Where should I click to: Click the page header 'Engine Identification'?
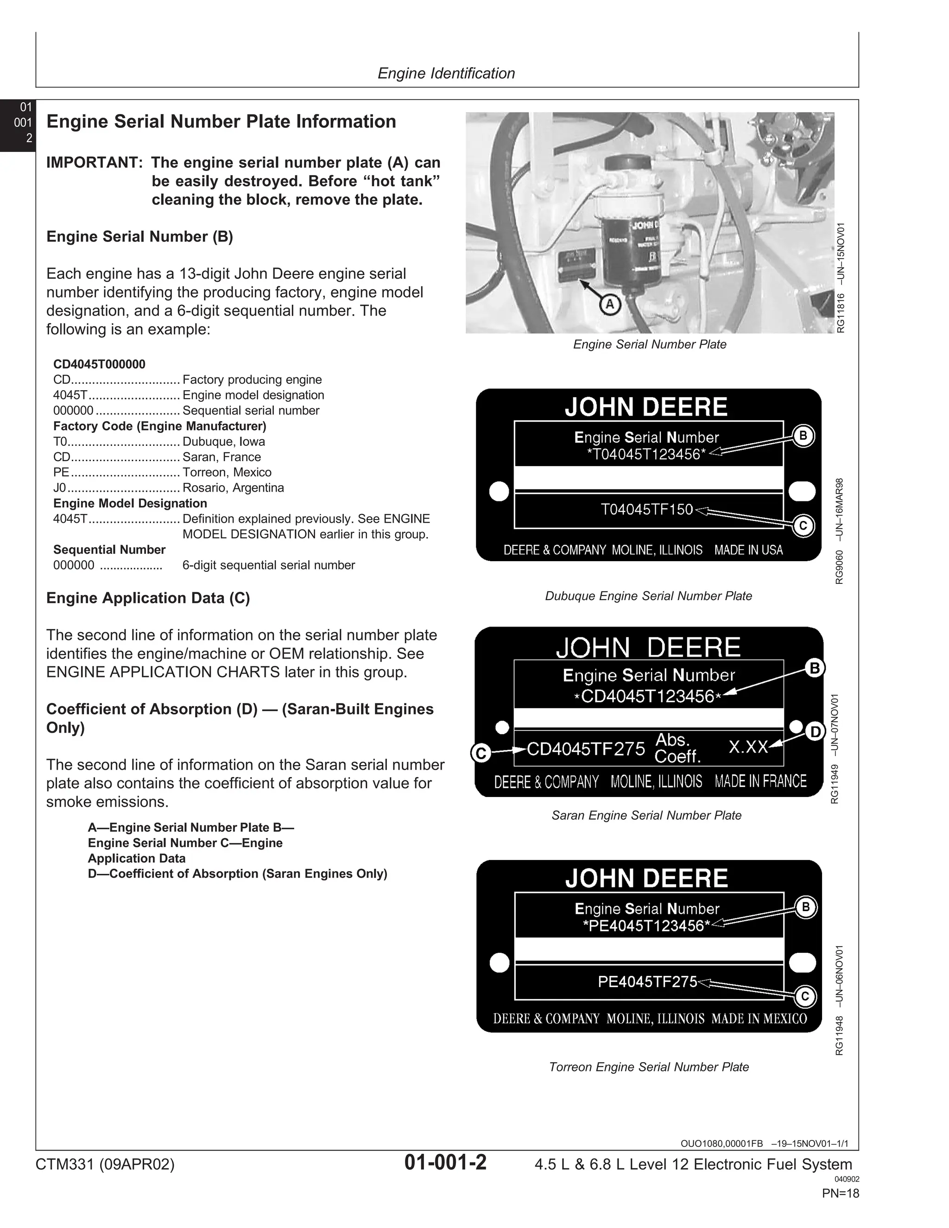446,73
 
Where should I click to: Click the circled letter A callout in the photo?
610,305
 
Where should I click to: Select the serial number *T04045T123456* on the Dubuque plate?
646,454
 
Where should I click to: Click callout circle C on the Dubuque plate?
803,526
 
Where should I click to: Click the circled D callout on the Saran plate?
815,732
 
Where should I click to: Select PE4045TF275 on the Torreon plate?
647,982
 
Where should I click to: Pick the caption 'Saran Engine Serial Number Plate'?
646,815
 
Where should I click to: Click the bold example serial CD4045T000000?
99,364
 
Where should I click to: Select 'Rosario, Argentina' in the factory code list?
233,487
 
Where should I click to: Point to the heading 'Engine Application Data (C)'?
148,598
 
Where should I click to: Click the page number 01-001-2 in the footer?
445,1162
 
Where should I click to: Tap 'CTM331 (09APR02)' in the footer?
105,1164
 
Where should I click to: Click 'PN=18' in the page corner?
840,1193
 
